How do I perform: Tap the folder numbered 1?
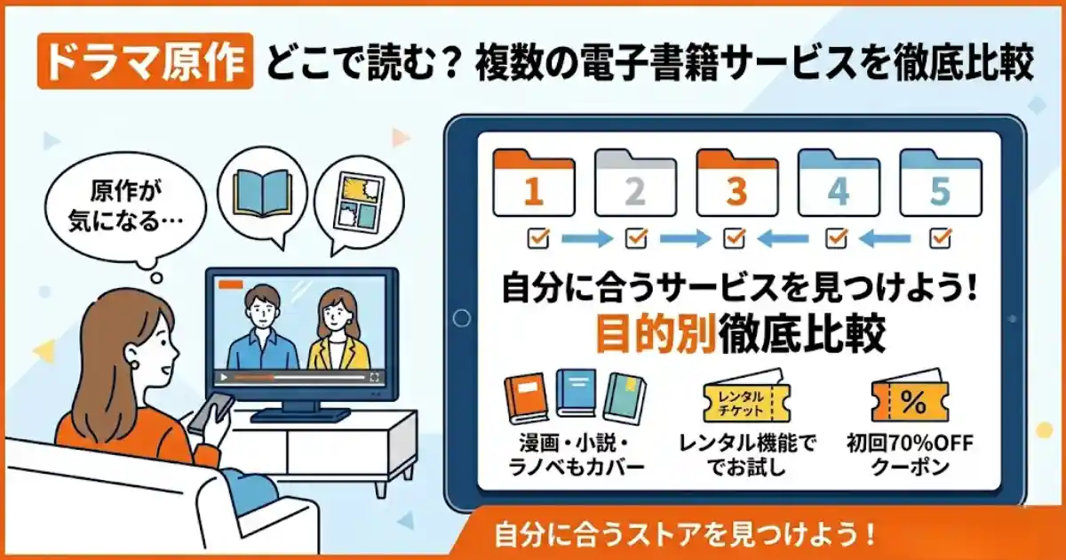533,185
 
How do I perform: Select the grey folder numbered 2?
634,185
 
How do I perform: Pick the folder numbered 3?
736,185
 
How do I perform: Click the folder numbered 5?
940,185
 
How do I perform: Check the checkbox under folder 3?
735,237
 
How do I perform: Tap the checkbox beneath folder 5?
940,237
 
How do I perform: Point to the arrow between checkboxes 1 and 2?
588,238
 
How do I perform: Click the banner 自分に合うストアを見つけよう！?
684,535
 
